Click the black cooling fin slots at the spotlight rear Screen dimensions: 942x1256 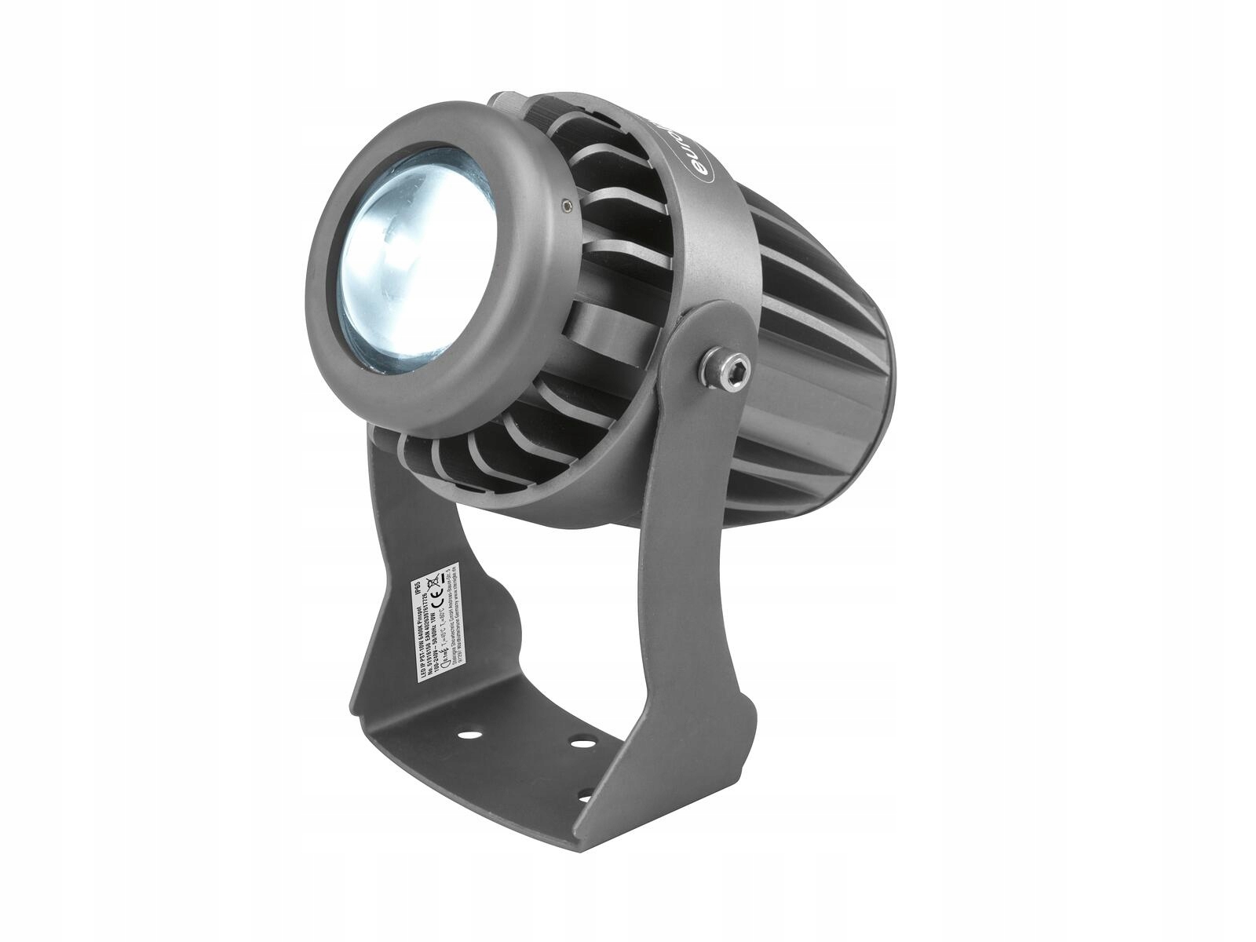click(x=832, y=330)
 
